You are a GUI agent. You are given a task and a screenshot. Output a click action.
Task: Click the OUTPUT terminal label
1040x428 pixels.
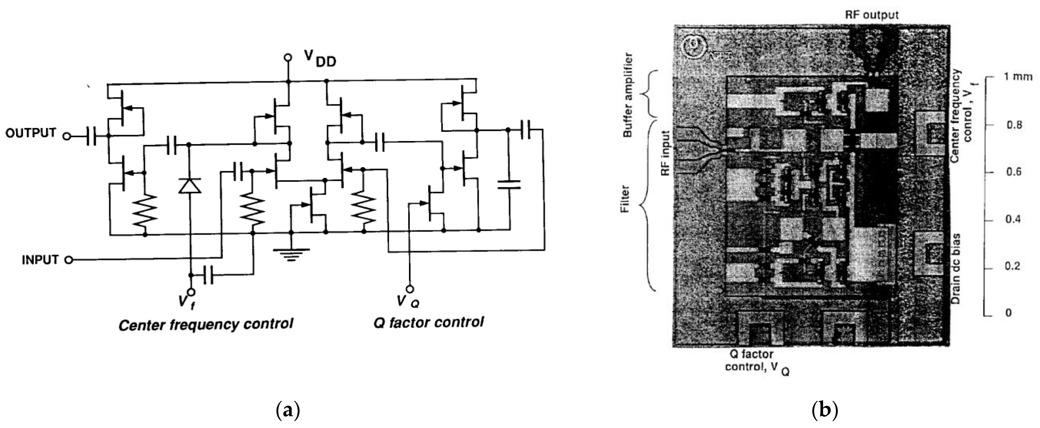pyautogui.click(x=31, y=133)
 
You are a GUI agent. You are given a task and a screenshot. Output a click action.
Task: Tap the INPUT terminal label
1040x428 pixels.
pyautogui.click(x=40, y=260)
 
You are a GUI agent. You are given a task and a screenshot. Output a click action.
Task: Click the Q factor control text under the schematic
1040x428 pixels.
pyautogui.click(x=428, y=323)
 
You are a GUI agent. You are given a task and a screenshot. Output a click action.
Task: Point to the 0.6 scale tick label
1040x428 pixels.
pyautogui.click(x=1013, y=172)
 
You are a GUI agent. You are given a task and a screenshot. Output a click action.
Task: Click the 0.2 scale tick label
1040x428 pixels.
pyautogui.click(x=1013, y=267)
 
